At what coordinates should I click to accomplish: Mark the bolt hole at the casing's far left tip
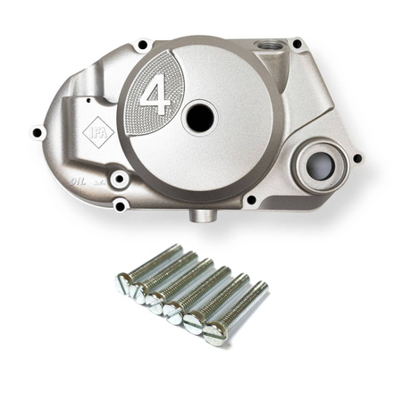coord(37,133)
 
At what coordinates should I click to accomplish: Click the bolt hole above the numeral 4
coord(142,43)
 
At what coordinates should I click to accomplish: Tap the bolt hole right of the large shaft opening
coord(357,159)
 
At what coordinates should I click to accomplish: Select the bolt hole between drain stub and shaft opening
coord(252,201)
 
